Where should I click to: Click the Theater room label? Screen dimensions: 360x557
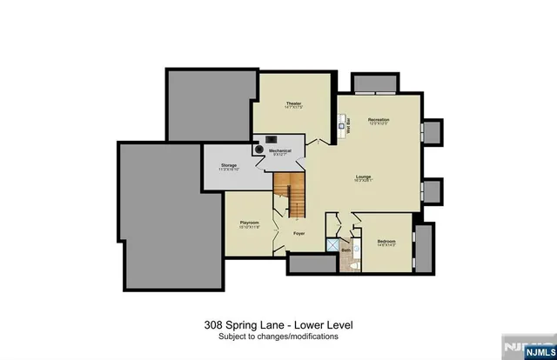292,104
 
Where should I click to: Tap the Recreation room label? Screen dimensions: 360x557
378,119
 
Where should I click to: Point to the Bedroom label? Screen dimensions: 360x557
387,241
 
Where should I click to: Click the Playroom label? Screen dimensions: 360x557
250,223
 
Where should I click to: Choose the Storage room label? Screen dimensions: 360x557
229,164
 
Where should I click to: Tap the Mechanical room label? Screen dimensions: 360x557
280,151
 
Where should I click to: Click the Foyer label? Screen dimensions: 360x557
299,234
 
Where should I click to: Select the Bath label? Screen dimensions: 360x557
346,251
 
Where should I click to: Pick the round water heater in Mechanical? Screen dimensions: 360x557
258,149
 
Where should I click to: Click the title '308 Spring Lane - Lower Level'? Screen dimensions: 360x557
278,324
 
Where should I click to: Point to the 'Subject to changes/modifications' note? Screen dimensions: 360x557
278,336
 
